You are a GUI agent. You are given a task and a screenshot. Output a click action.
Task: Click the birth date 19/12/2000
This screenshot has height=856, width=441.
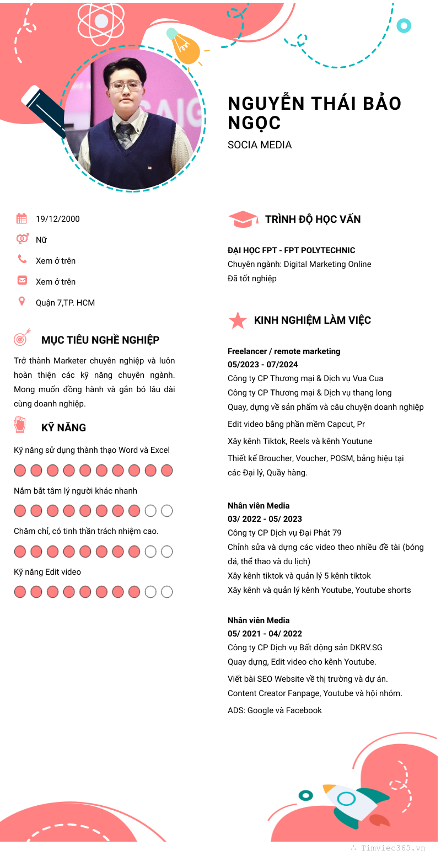[x=57, y=219]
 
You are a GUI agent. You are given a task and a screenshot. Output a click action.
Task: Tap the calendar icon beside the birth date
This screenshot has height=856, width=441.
[x=21, y=218]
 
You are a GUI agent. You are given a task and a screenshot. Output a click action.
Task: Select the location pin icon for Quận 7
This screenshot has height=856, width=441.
[x=21, y=301]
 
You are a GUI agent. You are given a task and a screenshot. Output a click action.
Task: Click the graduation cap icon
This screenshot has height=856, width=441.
[x=243, y=219]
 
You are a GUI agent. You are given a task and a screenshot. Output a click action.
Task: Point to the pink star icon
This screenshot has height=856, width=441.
[x=238, y=320]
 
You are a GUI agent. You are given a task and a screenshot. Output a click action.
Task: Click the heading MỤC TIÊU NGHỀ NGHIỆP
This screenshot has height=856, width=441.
[x=100, y=340]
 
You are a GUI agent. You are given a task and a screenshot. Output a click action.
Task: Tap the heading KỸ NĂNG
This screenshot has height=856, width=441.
[x=63, y=427]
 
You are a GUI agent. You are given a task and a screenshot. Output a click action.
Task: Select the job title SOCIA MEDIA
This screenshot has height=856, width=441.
[x=260, y=145]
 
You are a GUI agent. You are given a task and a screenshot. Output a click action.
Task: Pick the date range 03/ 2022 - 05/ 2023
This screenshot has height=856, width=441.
[x=265, y=519]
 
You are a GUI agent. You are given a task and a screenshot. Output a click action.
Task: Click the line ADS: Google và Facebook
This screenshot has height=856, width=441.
[x=275, y=710]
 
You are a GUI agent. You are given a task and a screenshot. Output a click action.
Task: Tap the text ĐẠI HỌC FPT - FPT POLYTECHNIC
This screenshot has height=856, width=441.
[x=291, y=250]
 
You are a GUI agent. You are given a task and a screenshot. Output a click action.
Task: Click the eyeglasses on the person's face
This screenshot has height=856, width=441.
[x=125, y=86]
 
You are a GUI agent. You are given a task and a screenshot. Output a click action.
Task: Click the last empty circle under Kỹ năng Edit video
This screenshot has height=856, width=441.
[x=166, y=592]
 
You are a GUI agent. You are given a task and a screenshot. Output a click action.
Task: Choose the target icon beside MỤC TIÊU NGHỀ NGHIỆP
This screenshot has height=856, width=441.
[x=21, y=338]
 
